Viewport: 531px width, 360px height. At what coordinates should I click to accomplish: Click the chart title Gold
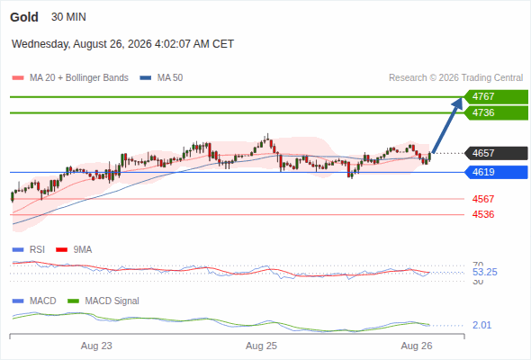point(24,17)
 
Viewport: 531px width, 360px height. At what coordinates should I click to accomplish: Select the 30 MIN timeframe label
point(68,17)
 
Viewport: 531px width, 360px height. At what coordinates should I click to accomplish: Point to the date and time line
point(122,44)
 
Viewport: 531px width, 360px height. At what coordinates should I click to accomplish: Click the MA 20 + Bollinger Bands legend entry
point(70,78)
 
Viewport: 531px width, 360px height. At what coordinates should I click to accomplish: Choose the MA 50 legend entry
point(161,78)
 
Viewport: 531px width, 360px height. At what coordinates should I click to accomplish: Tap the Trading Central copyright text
point(455,78)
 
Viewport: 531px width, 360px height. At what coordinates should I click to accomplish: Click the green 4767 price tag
point(496,97)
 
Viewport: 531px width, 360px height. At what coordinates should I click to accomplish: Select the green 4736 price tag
point(496,112)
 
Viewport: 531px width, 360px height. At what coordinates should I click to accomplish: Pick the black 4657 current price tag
point(496,153)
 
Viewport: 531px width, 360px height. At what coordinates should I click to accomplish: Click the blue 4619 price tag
point(496,173)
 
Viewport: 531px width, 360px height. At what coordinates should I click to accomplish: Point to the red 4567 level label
point(483,199)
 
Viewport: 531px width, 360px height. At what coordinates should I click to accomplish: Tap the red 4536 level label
point(483,214)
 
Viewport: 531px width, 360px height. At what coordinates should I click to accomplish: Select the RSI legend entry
point(29,250)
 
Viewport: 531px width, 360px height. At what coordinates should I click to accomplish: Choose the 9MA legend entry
point(74,250)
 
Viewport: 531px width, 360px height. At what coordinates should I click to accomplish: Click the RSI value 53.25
point(485,273)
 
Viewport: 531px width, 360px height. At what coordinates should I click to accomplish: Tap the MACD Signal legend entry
point(103,301)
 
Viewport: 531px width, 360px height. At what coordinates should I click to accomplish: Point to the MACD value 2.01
point(481,326)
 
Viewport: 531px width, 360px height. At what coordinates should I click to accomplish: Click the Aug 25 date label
point(261,346)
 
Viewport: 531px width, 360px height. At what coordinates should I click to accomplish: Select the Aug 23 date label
point(96,346)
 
